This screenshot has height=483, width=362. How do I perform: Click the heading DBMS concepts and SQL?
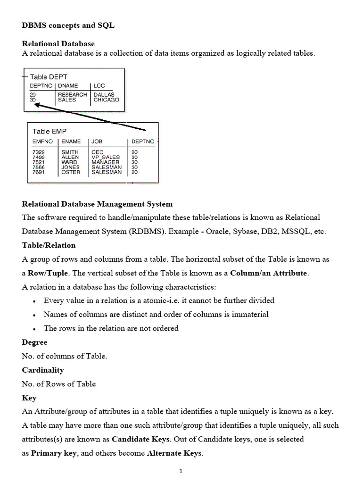[x=68, y=26]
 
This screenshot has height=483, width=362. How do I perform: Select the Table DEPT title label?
[x=49, y=76]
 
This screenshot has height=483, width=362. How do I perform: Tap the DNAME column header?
[x=68, y=86]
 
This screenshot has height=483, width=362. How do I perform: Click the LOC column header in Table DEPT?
[x=99, y=86]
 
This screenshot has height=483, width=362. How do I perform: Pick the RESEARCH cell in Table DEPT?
[x=73, y=95]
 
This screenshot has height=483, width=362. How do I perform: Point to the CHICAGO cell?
[x=107, y=100]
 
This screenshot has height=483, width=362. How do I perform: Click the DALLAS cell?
[x=104, y=95]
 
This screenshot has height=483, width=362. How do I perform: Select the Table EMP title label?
[x=49, y=131]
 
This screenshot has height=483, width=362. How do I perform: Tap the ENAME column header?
[x=71, y=142]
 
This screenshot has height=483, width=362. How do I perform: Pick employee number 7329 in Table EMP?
[x=39, y=152]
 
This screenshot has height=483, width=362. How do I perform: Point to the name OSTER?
[x=71, y=173]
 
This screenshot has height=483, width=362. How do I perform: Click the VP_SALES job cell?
[x=106, y=158]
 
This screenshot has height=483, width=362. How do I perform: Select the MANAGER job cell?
[x=106, y=162]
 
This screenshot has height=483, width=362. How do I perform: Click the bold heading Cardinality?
[x=43, y=370]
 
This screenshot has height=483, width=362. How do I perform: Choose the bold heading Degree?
[x=35, y=342]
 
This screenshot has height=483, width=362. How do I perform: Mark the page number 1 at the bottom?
[x=181, y=471]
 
